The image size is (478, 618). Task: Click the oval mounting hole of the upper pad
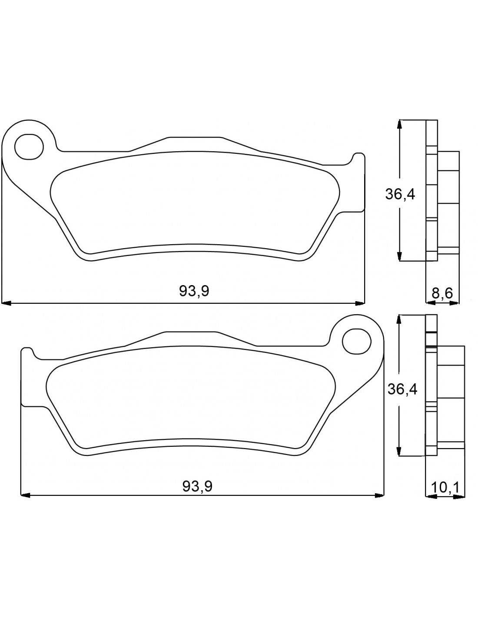tap(30, 146)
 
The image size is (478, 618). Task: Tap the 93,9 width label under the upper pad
tap(194, 291)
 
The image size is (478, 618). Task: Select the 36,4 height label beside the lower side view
tap(402, 389)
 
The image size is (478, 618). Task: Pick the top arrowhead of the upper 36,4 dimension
tap(400, 123)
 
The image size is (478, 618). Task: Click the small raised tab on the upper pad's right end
tap(358, 158)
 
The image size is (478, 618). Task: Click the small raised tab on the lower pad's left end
tap(27, 353)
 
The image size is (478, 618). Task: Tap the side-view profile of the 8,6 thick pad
tap(439, 191)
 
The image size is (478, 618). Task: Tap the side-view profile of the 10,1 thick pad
tap(441, 387)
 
